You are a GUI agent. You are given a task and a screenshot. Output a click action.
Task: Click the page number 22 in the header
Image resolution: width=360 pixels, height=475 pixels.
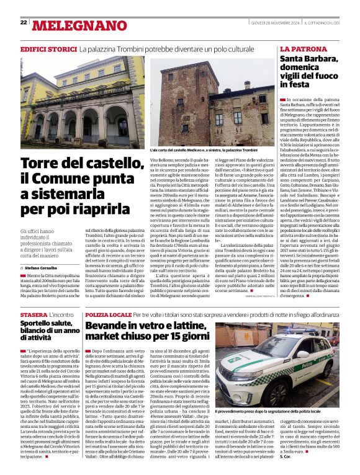click(x=24, y=22)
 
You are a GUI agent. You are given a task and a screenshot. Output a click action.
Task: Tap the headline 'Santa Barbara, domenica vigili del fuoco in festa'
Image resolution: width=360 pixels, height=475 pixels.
click(x=310, y=71)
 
